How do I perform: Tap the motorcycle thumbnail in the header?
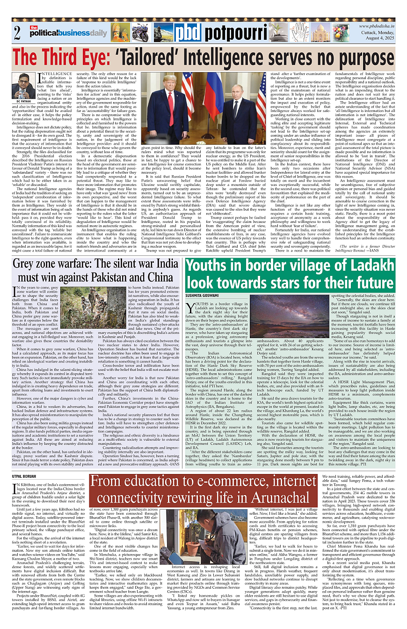click(140, 33)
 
